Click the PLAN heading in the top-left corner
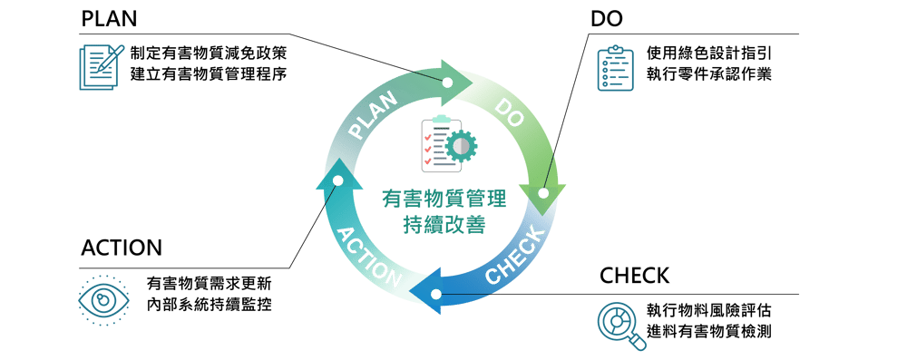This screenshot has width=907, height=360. (109, 19)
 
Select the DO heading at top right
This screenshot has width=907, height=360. (606, 19)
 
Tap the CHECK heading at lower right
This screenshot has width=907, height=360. (634, 276)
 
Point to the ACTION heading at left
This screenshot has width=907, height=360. (122, 248)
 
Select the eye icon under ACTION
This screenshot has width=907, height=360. (102, 300)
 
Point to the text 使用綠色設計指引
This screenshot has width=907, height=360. (710, 54)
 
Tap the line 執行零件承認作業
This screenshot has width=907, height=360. (710, 75)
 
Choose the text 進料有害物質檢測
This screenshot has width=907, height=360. (710, 332)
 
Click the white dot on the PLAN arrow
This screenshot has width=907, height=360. (447, 83)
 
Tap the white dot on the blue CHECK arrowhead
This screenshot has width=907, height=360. (436, 295)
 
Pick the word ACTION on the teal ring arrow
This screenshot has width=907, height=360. (369, 257)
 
